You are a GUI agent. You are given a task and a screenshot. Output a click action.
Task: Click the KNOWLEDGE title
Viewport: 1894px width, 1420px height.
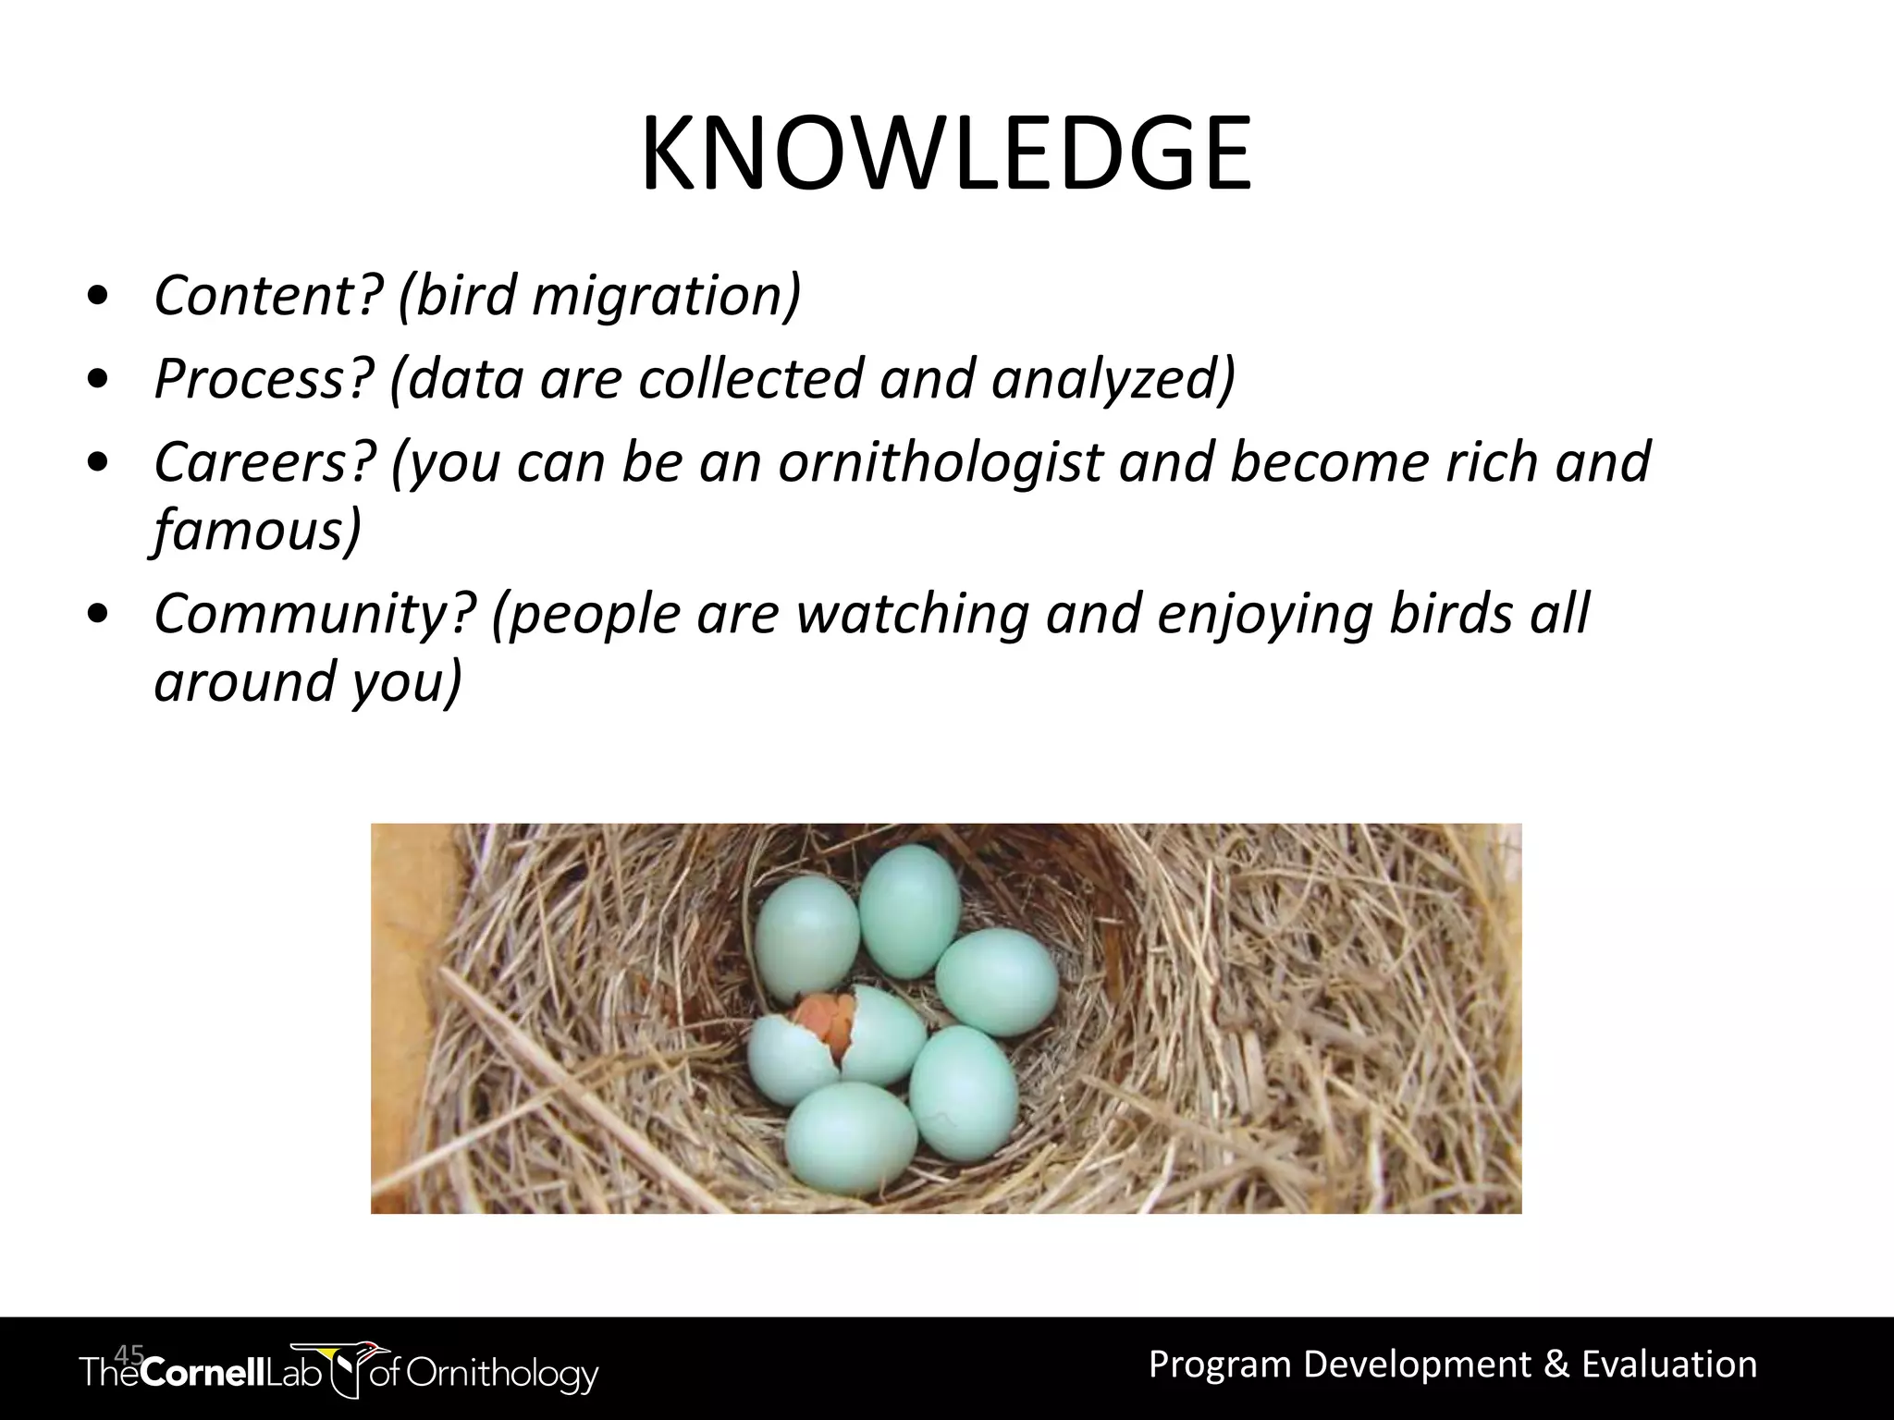pos(946,154)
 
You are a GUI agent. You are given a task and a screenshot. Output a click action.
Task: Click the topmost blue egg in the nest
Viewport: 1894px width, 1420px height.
pos(909,911)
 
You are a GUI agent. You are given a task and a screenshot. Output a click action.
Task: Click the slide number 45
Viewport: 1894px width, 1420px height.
pos(129,1355)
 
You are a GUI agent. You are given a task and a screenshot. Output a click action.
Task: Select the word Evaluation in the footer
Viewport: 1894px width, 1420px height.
pos(1669,1365)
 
